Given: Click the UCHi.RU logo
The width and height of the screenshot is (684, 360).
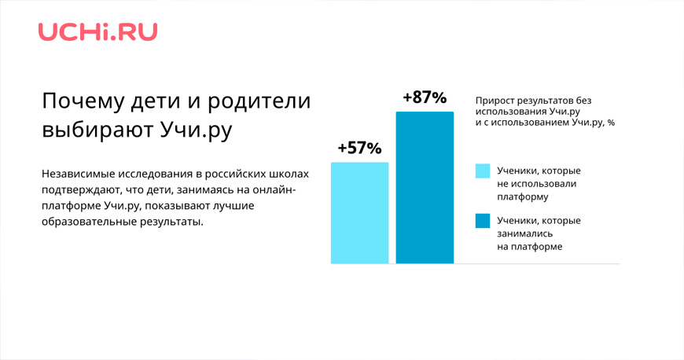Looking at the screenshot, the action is pos(97,32).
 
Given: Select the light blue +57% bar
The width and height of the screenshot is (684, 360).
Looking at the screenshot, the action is pos(360,213).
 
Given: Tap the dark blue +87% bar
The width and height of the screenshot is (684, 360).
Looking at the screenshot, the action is pos(425,188).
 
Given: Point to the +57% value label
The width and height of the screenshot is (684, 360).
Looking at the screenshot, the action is pos(359,149).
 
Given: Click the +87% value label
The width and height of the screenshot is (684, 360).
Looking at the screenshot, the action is pos(425,97).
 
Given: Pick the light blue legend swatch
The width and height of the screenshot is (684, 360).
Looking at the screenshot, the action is pos(483,171).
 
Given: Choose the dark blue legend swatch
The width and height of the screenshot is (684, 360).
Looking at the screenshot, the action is pos(483,221).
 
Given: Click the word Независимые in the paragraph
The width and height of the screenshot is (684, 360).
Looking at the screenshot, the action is pos(74,174).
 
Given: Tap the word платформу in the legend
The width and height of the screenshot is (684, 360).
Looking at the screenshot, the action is pos(523,197).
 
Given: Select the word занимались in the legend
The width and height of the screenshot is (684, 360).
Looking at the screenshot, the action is pos(519,233).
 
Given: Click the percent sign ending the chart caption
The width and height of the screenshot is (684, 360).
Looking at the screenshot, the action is pos(611,123).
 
